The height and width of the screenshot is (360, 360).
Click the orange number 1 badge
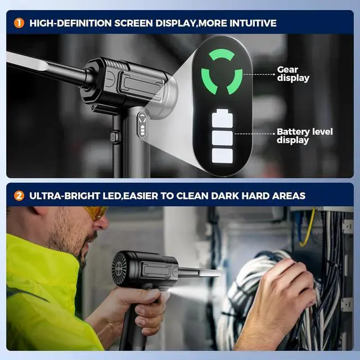pyautogui.click(x=19, y=23)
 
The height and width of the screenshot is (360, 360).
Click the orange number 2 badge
pyautogui.click(x=19, y=196)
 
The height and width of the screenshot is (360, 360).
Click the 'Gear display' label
pyautogui.click(x=292, y=74)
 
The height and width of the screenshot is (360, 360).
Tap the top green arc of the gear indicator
pyautogui.click(x=221, y=54)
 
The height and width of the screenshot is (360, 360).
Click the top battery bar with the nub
pyautogui.click(x=222, y=120)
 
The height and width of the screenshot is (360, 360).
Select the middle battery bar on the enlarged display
pyautogui.click(x=222, y=138)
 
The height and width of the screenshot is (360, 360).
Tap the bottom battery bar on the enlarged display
pyautogui.click(x=222, y=156)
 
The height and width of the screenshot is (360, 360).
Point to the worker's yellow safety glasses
pyautogui.click(x=96, y=212)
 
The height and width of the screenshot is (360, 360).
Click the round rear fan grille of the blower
pyautogui.click(x=119, y=269)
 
